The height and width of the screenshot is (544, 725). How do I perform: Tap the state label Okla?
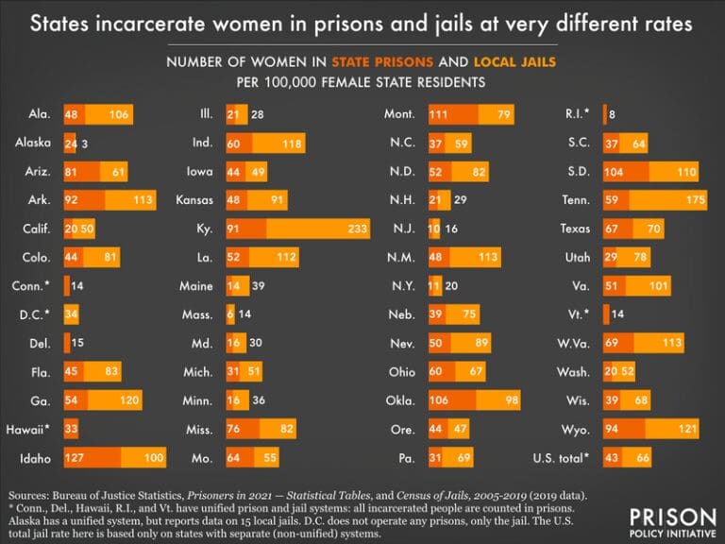pyautogui.click(x=400, y=400)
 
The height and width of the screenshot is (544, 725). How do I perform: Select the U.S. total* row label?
pyautogui.click(x=559, y=458)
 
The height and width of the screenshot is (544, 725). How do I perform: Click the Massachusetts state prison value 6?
pyautogui.click(x=230, y=314)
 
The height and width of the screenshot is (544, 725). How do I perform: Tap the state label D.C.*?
pyautogui.click(x=37, y=314)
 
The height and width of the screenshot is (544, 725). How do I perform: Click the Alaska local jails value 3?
pyautogui.click(x=84, y=143)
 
